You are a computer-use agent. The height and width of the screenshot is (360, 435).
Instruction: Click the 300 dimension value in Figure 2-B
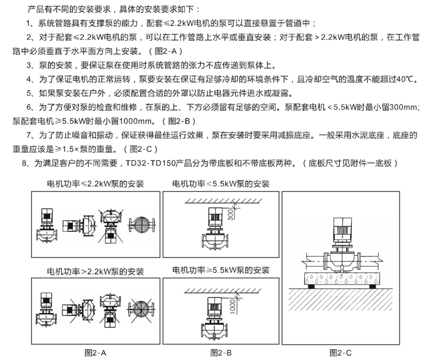pyautogui.click(x=231, y=213)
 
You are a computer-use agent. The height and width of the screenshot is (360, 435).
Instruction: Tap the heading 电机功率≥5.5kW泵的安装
pyautogui.click(x=221, y=270)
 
